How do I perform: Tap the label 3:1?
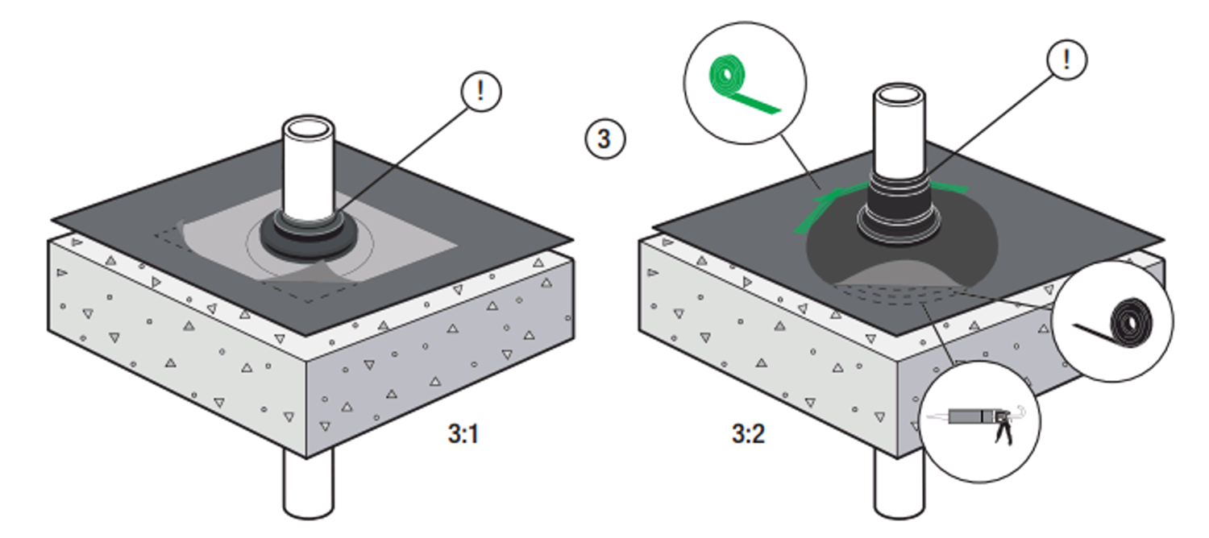[x=463, y=435]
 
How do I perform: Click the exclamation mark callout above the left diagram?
[x=481, y=91]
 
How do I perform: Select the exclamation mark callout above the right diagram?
[x=1066, y=60]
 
